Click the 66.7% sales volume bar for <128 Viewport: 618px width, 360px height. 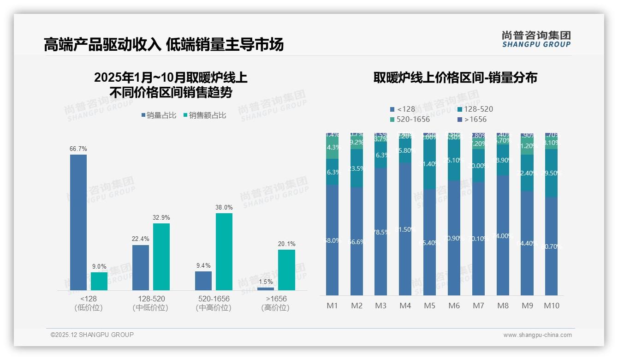point(78,222)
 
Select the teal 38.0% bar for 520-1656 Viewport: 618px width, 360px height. point(224,252)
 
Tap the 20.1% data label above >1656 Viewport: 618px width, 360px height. point(287,244)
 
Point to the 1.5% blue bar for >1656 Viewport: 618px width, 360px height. point(266,289)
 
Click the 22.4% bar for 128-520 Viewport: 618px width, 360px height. point(141,267)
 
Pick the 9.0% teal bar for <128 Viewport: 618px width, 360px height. point(99,281)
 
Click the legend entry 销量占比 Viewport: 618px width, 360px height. point(159,115)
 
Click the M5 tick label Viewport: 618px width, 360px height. point(429,306)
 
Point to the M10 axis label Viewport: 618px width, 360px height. point(551,306)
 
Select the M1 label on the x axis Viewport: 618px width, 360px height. point(332,306)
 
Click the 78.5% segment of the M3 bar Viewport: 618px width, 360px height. point(380,232)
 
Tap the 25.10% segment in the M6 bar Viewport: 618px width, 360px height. point(454,160)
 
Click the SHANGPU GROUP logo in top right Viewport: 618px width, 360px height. point(536,39)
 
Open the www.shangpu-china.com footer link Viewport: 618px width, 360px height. point(537,335)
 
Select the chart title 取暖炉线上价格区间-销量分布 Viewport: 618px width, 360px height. point(455,78)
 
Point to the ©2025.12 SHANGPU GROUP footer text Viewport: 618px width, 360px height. point(92,335)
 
